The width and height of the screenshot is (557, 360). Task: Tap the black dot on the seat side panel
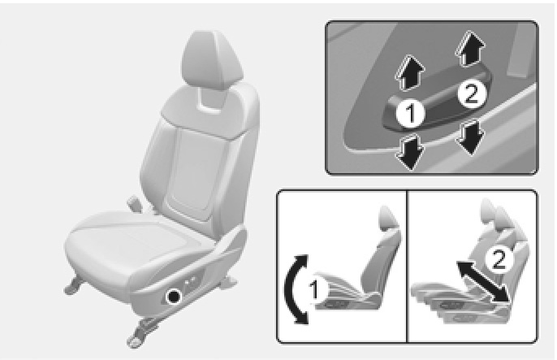[x=174, y=297]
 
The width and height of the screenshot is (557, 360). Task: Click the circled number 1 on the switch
[x=411, y=114]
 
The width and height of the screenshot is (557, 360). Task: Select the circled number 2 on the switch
[x=472, y=94]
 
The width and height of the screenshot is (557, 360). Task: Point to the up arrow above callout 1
[x=409, y=72]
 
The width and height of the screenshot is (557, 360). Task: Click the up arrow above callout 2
[x=470, y=49]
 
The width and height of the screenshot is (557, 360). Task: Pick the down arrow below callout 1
[x=409, y=152]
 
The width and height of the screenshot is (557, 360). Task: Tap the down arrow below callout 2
[x=471, y=137]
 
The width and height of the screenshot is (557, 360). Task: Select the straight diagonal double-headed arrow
[x=483, y=282]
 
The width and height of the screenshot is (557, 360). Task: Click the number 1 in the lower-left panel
[x=315, y=289]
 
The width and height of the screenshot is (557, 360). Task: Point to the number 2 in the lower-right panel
[x=499, y=259]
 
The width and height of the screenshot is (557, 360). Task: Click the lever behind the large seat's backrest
[x=134, y=202]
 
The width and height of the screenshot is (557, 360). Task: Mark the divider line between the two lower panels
[x=407, y=267]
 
